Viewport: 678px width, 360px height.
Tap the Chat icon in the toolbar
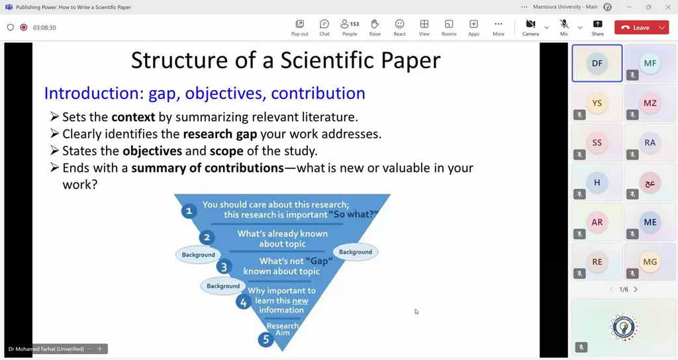coord(324,24)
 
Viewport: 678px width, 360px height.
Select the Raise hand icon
coord(375,24)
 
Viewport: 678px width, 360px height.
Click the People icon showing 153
coord(350,24)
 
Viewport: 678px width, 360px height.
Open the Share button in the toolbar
coord(598,24)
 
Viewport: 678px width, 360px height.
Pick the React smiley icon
coord(399,24)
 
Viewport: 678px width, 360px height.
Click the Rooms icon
coord(449,24)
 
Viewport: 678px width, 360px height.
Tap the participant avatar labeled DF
coord(597,63)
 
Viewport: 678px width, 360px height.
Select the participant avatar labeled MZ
coord(650,103)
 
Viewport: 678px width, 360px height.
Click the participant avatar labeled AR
coord(597,222)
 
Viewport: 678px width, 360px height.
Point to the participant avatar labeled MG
coord(650,262)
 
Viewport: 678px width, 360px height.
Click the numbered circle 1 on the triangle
coord(189,211)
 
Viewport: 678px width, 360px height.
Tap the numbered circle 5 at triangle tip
coord(266,339)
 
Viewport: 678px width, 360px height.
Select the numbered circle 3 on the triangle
coord(224,267)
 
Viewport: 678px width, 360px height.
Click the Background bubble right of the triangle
coord(356,252)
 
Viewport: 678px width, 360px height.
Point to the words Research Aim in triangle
coord(283,330)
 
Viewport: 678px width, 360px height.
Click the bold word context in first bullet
coord(133,117)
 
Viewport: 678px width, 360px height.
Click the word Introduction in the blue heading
coord(91,93)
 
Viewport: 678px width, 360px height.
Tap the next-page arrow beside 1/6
coord(636,290)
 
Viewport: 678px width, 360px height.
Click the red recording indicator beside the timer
coord(24,27)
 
